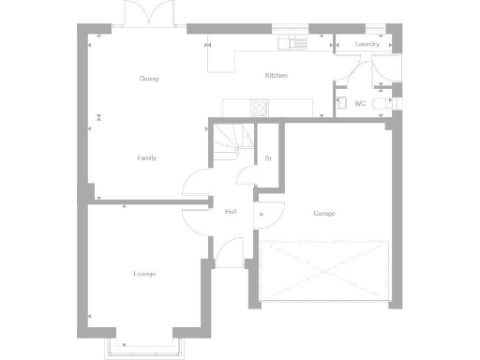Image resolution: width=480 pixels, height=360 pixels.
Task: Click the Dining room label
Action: pos(148,79)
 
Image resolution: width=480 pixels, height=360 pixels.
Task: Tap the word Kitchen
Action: pos(276,75)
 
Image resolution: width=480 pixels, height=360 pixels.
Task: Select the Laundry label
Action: pos(367,44)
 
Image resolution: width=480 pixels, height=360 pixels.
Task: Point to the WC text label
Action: pos(360,103)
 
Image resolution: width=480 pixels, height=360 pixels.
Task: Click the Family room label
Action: pos(146,158)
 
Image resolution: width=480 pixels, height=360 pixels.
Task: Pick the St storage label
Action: pos(268,158)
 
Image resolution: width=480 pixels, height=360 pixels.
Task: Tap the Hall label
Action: pos(231,212)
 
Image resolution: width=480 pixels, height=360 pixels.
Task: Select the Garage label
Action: pos(324,214)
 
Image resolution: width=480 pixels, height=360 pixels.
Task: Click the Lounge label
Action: pos(144,274)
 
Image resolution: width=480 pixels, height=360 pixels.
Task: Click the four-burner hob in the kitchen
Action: pos(259,109)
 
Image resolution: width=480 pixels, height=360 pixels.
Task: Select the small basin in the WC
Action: pos(341,103)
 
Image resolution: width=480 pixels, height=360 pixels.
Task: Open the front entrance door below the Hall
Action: pos(228,250)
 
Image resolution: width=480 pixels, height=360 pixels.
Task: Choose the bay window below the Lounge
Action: pos(143,348)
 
